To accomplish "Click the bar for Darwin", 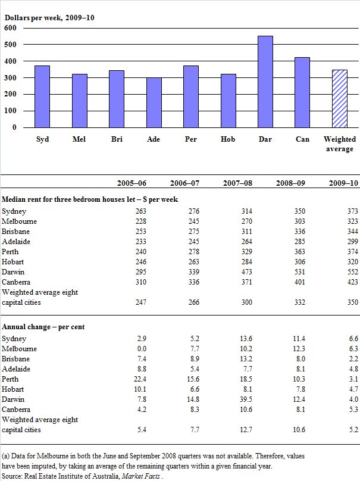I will pos(265,82).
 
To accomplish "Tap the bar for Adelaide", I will pos(154,102).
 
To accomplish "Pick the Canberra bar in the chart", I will pos(302,92).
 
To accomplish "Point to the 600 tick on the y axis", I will pos(10,28).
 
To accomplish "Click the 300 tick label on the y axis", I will pos(10,78).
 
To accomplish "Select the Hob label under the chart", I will pos(228,139).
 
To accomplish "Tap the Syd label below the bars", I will pos(42,139).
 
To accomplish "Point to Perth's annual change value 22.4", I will pos(137,379).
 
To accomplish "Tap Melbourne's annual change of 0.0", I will pos(137,349).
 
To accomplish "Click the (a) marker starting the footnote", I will pos(6,455).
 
